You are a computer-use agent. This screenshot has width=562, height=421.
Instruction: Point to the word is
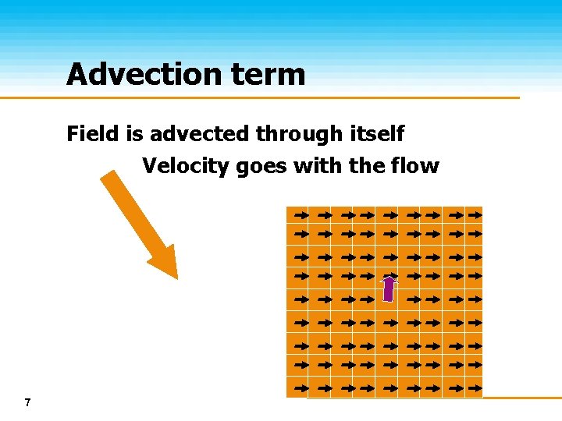[134, 134]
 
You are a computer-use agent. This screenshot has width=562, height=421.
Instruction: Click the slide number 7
[27, 402]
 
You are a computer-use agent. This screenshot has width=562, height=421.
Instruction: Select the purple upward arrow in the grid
[389, 288]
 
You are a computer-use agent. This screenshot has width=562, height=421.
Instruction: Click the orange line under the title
[258, 98]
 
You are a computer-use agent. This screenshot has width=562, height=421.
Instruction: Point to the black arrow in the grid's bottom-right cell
[473, 387]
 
